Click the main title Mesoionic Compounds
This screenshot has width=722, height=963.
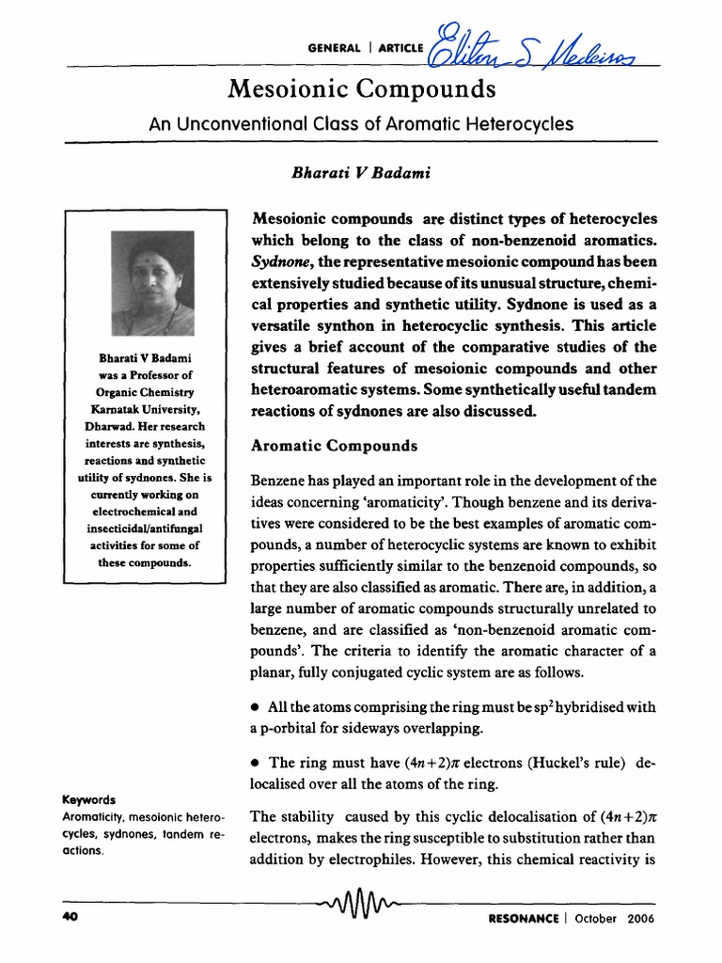pos(361,91)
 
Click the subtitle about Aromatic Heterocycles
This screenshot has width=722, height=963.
pos(361,123)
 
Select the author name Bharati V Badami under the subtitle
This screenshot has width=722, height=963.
pos(335,173)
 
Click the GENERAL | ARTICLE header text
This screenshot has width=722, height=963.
pos(366,49)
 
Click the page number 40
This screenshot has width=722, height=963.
pos(68,919)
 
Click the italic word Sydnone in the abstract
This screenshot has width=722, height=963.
pos(279,260)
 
